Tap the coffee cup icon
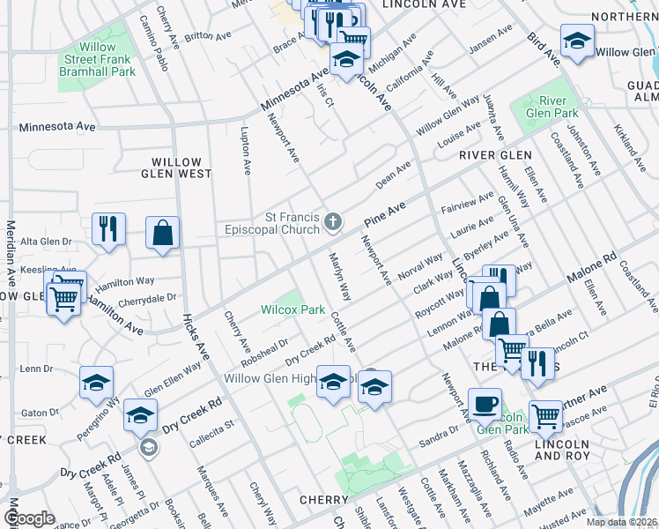tap(484, 403)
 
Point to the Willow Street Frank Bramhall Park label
tap(98, 59)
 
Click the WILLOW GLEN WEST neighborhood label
tap(181, 168)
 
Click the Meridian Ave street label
tap(12, 251)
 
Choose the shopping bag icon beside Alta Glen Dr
tap(163, 233)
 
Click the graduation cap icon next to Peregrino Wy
tap(97, 383)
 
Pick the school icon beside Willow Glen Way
tap(577, 40)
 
